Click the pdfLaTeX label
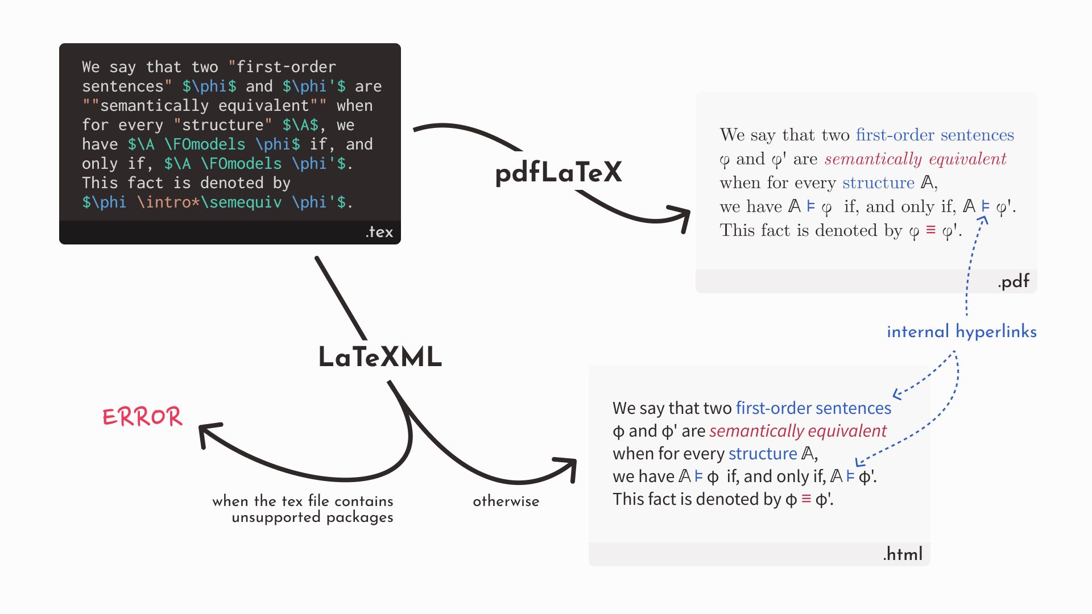[x=559, y=172]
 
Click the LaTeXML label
[x=380, y=357]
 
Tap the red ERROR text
[x=142, y=417]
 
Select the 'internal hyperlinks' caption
[x=961, y=331]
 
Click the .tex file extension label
[x=379, y=232]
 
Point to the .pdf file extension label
[x=1013, y=281]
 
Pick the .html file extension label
[x=903, y=554]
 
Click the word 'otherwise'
[x=506, y=501]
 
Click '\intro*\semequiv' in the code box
[x=209, y=202]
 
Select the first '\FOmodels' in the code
[x=205, y=144]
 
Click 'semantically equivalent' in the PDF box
[x=915, y=159]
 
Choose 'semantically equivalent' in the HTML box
[x=797, y=431]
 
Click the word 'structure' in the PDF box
[x=878, y=182]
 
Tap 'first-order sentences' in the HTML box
[x=813, y=408]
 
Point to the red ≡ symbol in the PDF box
[x=930, y=230]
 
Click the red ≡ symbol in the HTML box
[x=806, y=499]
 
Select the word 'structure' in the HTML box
[x=762, y=454]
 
